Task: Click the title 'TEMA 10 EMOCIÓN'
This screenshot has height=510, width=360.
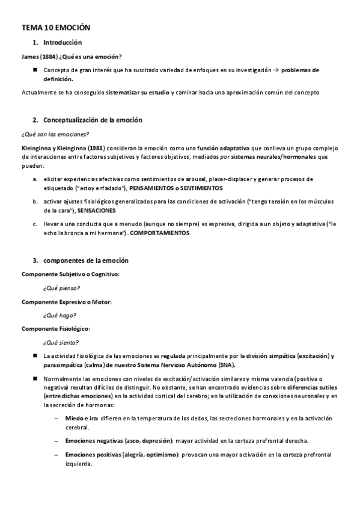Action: tap(55, 28)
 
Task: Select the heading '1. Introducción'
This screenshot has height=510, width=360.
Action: tap(58, 43)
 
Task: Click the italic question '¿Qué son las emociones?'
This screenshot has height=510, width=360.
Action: tap(55, 134)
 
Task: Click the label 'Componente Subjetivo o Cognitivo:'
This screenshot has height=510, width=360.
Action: tap(70, 274)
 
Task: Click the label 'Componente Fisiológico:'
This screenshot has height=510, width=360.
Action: tap(56, 329)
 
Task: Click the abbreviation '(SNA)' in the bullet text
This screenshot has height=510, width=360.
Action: tap(226, 364)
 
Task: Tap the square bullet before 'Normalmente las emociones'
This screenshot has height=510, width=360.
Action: tap(36, 379)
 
